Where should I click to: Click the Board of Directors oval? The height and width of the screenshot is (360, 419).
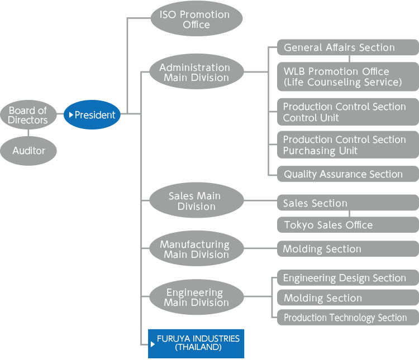(28, 116)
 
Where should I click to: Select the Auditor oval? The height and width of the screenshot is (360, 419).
(28, 151)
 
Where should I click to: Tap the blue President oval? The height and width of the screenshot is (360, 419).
(92, 115)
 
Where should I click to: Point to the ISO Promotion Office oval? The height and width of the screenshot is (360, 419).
(196, 20)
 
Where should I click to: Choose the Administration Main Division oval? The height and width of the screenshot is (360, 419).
(196, 73)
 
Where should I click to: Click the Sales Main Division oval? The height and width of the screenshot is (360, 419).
(196, 201)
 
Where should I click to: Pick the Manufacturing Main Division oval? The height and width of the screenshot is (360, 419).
(196, 249)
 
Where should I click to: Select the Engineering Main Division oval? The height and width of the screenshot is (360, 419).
(196, 297)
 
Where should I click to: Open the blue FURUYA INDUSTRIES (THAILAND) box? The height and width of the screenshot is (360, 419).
(196, 343)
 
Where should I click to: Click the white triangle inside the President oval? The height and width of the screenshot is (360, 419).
(71, 115)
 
